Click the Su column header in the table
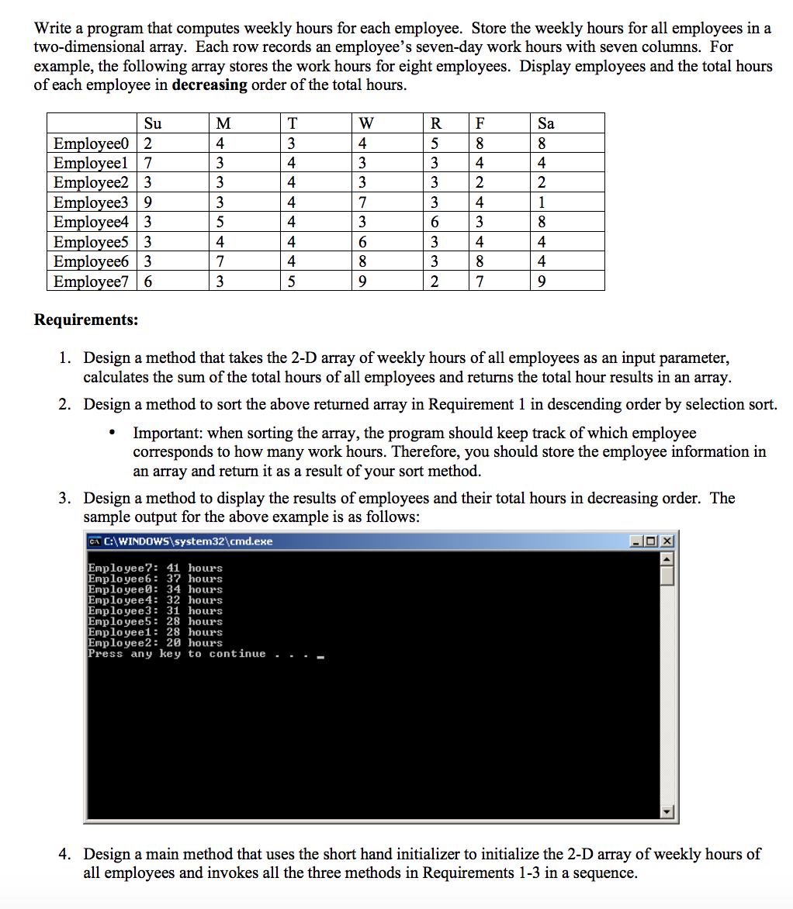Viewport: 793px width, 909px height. point(153,123)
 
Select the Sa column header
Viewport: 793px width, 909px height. point(546,123)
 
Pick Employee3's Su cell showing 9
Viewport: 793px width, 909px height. point(148,202)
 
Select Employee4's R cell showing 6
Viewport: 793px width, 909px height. point(435,222)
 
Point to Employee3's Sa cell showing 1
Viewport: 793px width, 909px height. point(542,202)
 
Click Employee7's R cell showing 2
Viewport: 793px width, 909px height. point(435,281)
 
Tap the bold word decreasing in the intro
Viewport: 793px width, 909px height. point(209,85)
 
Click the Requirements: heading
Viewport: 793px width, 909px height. point(86,320)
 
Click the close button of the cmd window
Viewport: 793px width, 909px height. point(669,541)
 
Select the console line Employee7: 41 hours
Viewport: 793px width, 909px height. point(155,568)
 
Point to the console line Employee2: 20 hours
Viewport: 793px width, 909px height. point(155,643)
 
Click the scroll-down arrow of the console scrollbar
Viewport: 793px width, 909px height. point(668,812)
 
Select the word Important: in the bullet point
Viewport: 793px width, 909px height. point(168,433)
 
